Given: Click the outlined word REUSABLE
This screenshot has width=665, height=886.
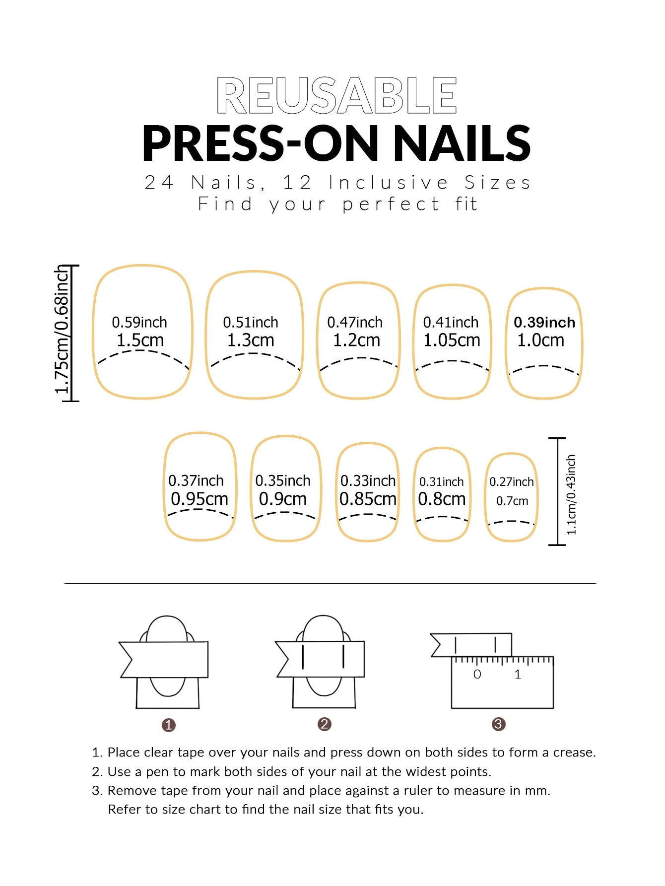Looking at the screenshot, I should (x=336, y=95).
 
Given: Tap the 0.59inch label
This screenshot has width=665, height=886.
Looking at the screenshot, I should (x=139, y=323).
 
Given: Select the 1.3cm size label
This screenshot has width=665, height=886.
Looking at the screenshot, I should (x=251, y=341).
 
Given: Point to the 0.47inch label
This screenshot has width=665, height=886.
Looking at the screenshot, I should (x=355, y=323).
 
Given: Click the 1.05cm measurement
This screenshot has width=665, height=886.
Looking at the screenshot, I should (x=452, y=341).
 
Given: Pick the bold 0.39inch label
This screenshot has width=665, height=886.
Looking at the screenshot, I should (x=544, y=323).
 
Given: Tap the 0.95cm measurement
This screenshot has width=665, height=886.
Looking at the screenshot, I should (x=199, y=499).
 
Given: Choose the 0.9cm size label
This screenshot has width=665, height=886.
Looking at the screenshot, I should (x=283, y=499).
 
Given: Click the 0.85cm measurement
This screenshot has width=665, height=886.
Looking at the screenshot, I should (x=368, y=499).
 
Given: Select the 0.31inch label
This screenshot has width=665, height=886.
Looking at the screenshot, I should (x=441, y=481).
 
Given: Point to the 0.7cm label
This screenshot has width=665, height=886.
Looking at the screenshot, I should (x=512, y=501).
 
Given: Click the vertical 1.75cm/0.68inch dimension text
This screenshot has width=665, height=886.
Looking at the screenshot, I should (x=62, y=330).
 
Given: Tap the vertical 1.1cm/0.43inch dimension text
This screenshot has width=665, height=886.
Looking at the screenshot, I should (x=571, y=494).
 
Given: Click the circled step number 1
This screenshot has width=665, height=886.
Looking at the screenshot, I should (x=169, y=725).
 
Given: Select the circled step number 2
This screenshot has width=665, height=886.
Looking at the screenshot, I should (x=324, y=724).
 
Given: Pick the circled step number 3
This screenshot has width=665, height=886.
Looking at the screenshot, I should (x=498, y=724).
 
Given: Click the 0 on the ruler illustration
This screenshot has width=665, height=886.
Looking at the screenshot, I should (x=477, y=675).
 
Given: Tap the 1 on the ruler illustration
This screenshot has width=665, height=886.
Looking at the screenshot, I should (x=518, y=675).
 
